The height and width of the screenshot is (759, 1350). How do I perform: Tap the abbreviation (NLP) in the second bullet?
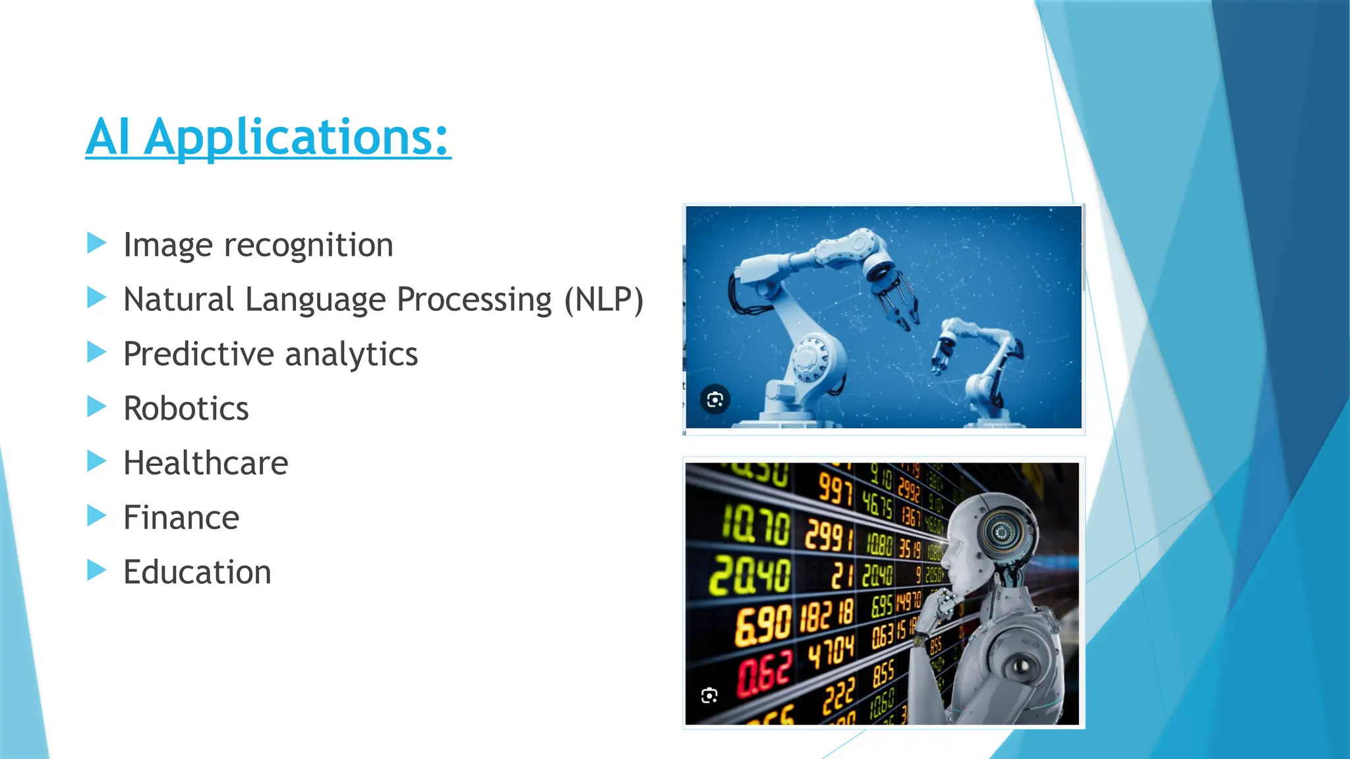(603, 300)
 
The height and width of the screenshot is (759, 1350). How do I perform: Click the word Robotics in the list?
(186, 408)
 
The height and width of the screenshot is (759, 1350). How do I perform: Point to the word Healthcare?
(206, 463)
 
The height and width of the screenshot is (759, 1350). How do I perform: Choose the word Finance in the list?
(181, 518)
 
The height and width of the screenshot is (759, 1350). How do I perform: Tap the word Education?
(197, 572)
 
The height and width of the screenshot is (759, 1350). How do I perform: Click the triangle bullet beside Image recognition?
(96, 242)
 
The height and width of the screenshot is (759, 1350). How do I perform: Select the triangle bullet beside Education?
(96, 570)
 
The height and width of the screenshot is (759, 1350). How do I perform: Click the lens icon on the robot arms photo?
(715, 400)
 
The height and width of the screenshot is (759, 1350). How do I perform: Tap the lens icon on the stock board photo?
(709, 696)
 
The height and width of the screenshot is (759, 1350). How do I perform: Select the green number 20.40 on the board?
(749, 575)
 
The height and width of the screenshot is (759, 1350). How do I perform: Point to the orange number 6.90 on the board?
(763, 624)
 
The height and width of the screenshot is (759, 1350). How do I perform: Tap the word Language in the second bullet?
(315, 300)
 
